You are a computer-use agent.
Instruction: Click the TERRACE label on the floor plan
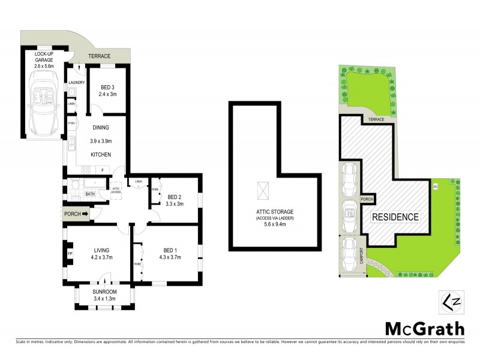(x=100, y=56)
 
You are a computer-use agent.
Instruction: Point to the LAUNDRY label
(x=77, y=83)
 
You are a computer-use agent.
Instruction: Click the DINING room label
(x=100, y=127)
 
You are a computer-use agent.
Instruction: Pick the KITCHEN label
(x=100, y=155)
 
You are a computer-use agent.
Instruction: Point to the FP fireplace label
(x=70, y=253)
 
